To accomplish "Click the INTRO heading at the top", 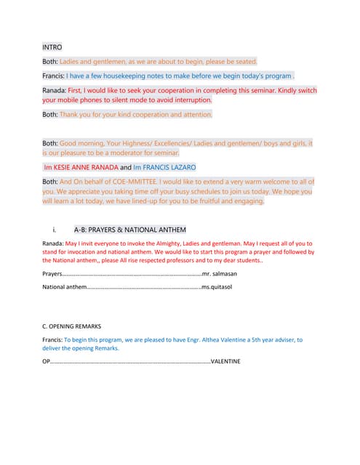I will [52, 46].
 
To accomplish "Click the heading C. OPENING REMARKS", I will [71, 326].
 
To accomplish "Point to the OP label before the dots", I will [46, 361].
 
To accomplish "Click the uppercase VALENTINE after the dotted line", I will [225, 361].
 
